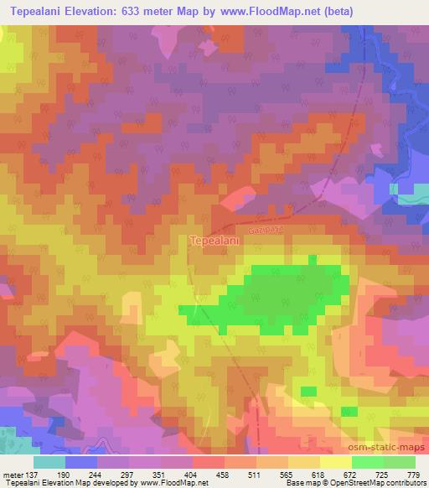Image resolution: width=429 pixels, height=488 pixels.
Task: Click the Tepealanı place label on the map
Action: [x=216, y=241]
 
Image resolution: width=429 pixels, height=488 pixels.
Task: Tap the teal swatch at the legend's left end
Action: [x=49, y=462]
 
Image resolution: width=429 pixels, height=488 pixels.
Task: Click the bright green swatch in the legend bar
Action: [x=367, y=462]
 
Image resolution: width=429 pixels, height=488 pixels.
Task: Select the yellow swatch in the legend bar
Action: [x=335, y=462]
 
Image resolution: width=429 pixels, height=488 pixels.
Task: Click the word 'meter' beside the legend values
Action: [x=13, y=474]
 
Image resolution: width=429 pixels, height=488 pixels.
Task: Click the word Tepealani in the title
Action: [x=41, y=12]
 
